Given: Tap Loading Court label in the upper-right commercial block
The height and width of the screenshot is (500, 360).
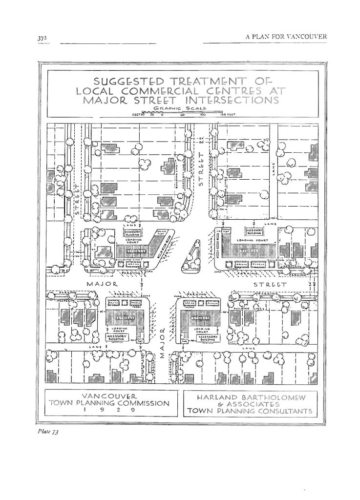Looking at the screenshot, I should (247, 240).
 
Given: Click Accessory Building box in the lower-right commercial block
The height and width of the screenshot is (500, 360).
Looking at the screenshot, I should (208, 337).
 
